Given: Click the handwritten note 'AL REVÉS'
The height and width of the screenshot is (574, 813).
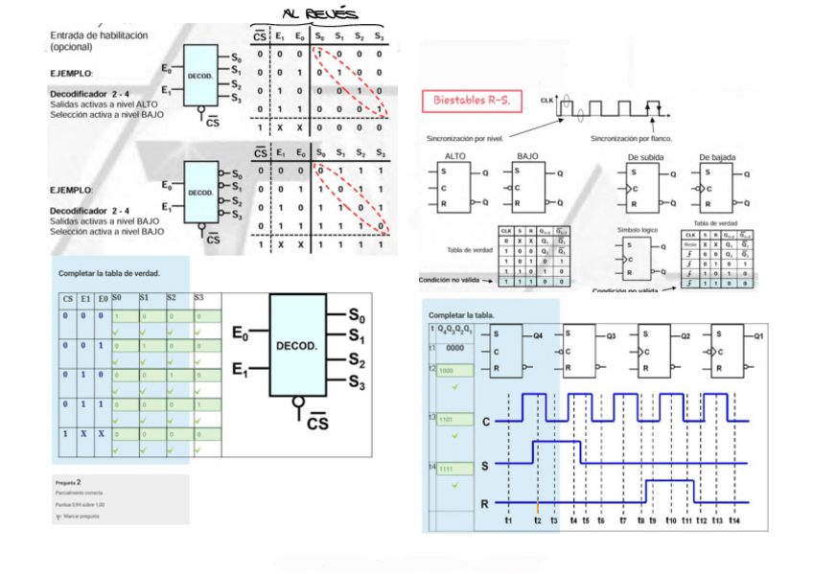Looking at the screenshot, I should tap(318, 13).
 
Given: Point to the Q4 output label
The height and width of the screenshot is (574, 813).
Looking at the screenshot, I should tap(538, 336).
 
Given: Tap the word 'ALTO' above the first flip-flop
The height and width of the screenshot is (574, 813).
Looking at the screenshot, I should tap(456, 156).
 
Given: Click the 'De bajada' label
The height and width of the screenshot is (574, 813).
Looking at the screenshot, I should tap(716, 157).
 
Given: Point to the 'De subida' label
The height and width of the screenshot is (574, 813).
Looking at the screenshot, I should tap(645, 157).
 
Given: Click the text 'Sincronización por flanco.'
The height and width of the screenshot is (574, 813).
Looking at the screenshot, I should tap(631, 138).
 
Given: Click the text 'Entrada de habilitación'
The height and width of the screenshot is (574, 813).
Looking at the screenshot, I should tap(99, 34).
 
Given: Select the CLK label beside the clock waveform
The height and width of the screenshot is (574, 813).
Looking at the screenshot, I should tap(547, 99).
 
